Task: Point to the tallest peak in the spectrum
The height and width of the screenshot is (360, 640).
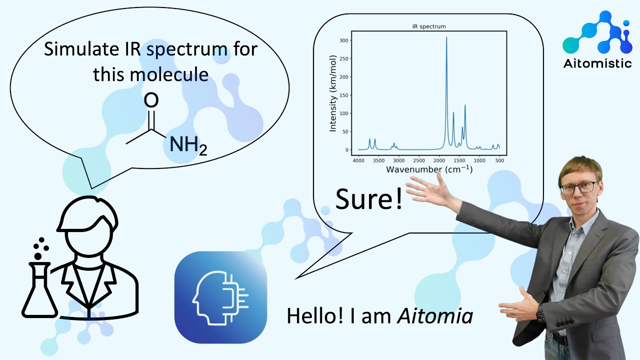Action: click(446, 38)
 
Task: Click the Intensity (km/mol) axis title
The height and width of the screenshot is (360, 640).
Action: click(333, 94)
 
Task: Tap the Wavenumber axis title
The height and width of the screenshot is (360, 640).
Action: click(428, 169)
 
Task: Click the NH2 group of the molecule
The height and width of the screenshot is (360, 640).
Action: click(188, 144)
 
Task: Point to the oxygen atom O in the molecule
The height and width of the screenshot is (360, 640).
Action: click(151, 100)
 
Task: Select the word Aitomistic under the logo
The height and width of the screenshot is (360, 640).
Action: click(597, 64)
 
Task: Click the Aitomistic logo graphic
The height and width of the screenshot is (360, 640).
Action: click(597, 34)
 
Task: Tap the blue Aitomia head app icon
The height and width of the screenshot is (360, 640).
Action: click(220, 297)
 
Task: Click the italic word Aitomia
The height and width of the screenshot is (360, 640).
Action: click(434, 316)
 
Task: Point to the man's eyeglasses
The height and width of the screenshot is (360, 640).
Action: click(579, 188)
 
